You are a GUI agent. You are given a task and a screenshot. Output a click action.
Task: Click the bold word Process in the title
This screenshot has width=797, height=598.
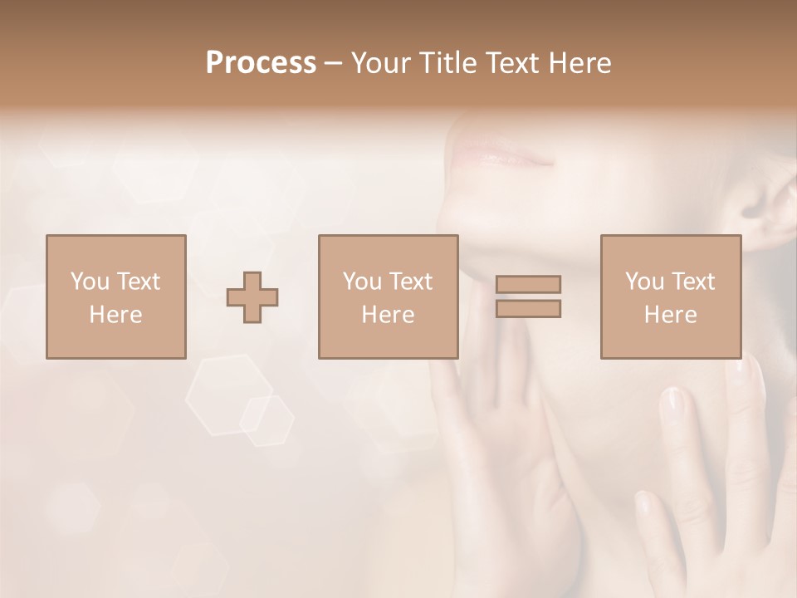[261, 63]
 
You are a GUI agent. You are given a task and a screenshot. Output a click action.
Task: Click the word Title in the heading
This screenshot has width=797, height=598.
[449, 63]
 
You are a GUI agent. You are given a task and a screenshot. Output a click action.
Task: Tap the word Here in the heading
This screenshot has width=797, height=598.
[575, 63]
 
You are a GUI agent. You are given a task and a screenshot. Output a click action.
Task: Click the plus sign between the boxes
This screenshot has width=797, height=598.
[252, 297]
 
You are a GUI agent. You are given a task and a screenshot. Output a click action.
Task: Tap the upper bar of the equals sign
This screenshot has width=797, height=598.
[528, 284]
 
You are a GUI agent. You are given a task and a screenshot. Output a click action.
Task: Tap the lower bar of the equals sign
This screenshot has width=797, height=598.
[528, 308]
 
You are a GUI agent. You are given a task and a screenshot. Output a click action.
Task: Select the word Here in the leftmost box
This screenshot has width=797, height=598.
[115, 315]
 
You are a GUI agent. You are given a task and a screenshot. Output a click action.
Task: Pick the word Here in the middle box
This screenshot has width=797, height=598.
[388, 315]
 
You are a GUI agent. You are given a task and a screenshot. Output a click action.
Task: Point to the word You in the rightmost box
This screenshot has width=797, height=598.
[644, 282]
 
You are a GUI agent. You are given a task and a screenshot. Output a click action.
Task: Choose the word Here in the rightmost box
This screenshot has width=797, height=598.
[670, 315]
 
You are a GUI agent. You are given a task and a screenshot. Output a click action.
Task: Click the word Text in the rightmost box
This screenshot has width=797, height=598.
[693, 282]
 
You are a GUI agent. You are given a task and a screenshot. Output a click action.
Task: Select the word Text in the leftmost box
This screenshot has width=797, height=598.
[139, 282]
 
